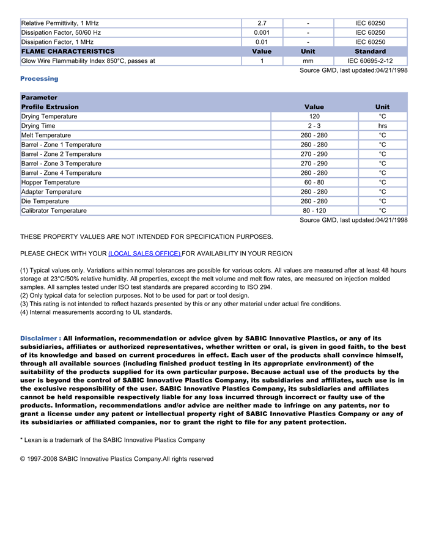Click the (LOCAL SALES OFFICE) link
(x=144, y=254)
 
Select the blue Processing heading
(x=39, y=79)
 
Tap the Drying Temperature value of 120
(x=314, y=117)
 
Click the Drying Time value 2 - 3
(x=314, y=126)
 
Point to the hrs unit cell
(x=382, y=126)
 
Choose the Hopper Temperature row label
(x=50, y=183)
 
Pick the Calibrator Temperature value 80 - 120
(x=314, y=211)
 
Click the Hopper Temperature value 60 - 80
(x=314, y=183)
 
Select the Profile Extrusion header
(x=50, y=107)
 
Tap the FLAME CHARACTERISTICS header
(x=67, y=51)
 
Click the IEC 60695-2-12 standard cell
(x=370, y=61)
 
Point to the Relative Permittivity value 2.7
(x=262, y=23)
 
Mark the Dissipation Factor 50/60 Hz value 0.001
(x=262, y=32)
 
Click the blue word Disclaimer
(x=40, y=339)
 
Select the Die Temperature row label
(x=45, y=202)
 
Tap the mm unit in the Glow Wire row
(x=308, y=61)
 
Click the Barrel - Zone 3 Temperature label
(x=61, y=164)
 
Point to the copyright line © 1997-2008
(x=116, y=459)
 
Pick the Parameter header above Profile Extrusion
(x=39, y=98)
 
